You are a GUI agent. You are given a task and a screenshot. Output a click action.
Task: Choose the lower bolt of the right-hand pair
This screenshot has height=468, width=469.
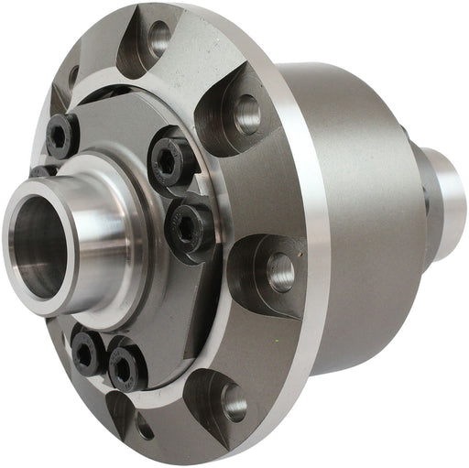click(191, 223)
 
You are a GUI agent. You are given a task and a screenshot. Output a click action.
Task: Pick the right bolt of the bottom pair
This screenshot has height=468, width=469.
click(127, 365)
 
